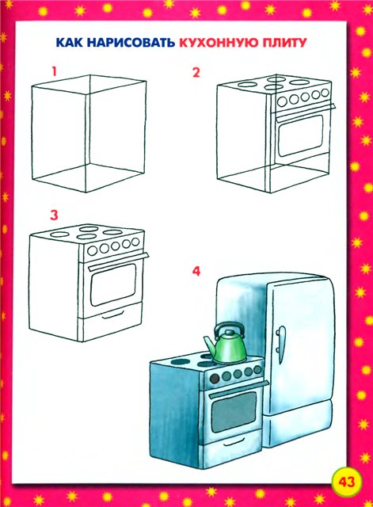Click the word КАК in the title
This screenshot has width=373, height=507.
point(70,43)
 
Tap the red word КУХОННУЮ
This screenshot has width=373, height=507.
point(218,43)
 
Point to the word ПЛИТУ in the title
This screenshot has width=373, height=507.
point(283,43)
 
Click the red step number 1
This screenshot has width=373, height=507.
point(55,71)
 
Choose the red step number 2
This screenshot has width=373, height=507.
point(196,72)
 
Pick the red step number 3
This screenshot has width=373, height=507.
point(54,215)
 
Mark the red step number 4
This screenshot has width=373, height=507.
point(196,271)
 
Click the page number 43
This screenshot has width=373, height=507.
point(347,482)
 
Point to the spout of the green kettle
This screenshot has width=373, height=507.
point(209,345)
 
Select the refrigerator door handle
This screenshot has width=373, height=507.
point(280,343)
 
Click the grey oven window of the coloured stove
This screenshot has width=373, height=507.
point(234,411)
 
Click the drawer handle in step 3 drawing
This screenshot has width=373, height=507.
point(112,314)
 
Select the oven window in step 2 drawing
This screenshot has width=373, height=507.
point(300,135)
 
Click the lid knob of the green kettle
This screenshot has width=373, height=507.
point(229,332)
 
